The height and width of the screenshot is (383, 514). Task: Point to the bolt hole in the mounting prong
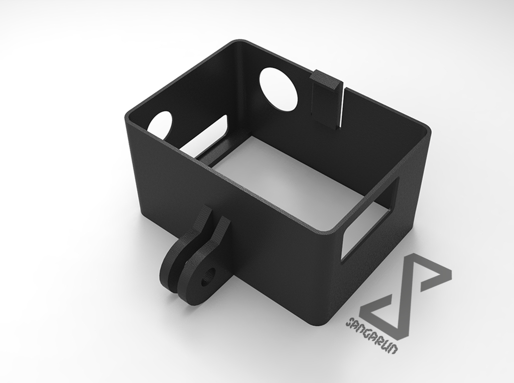[x=208, y=276]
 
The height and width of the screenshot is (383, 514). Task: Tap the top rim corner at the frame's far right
[x=427, y=131]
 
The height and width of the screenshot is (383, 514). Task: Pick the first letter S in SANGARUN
[x=348, y=322]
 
